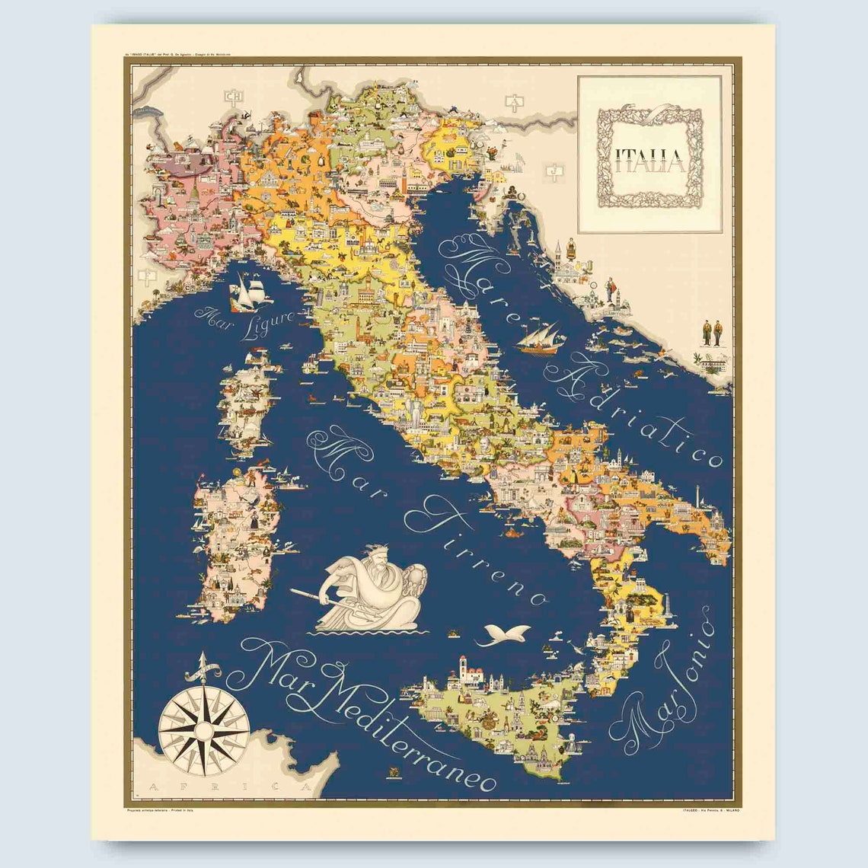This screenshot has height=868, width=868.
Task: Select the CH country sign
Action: [x=233, y=96]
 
